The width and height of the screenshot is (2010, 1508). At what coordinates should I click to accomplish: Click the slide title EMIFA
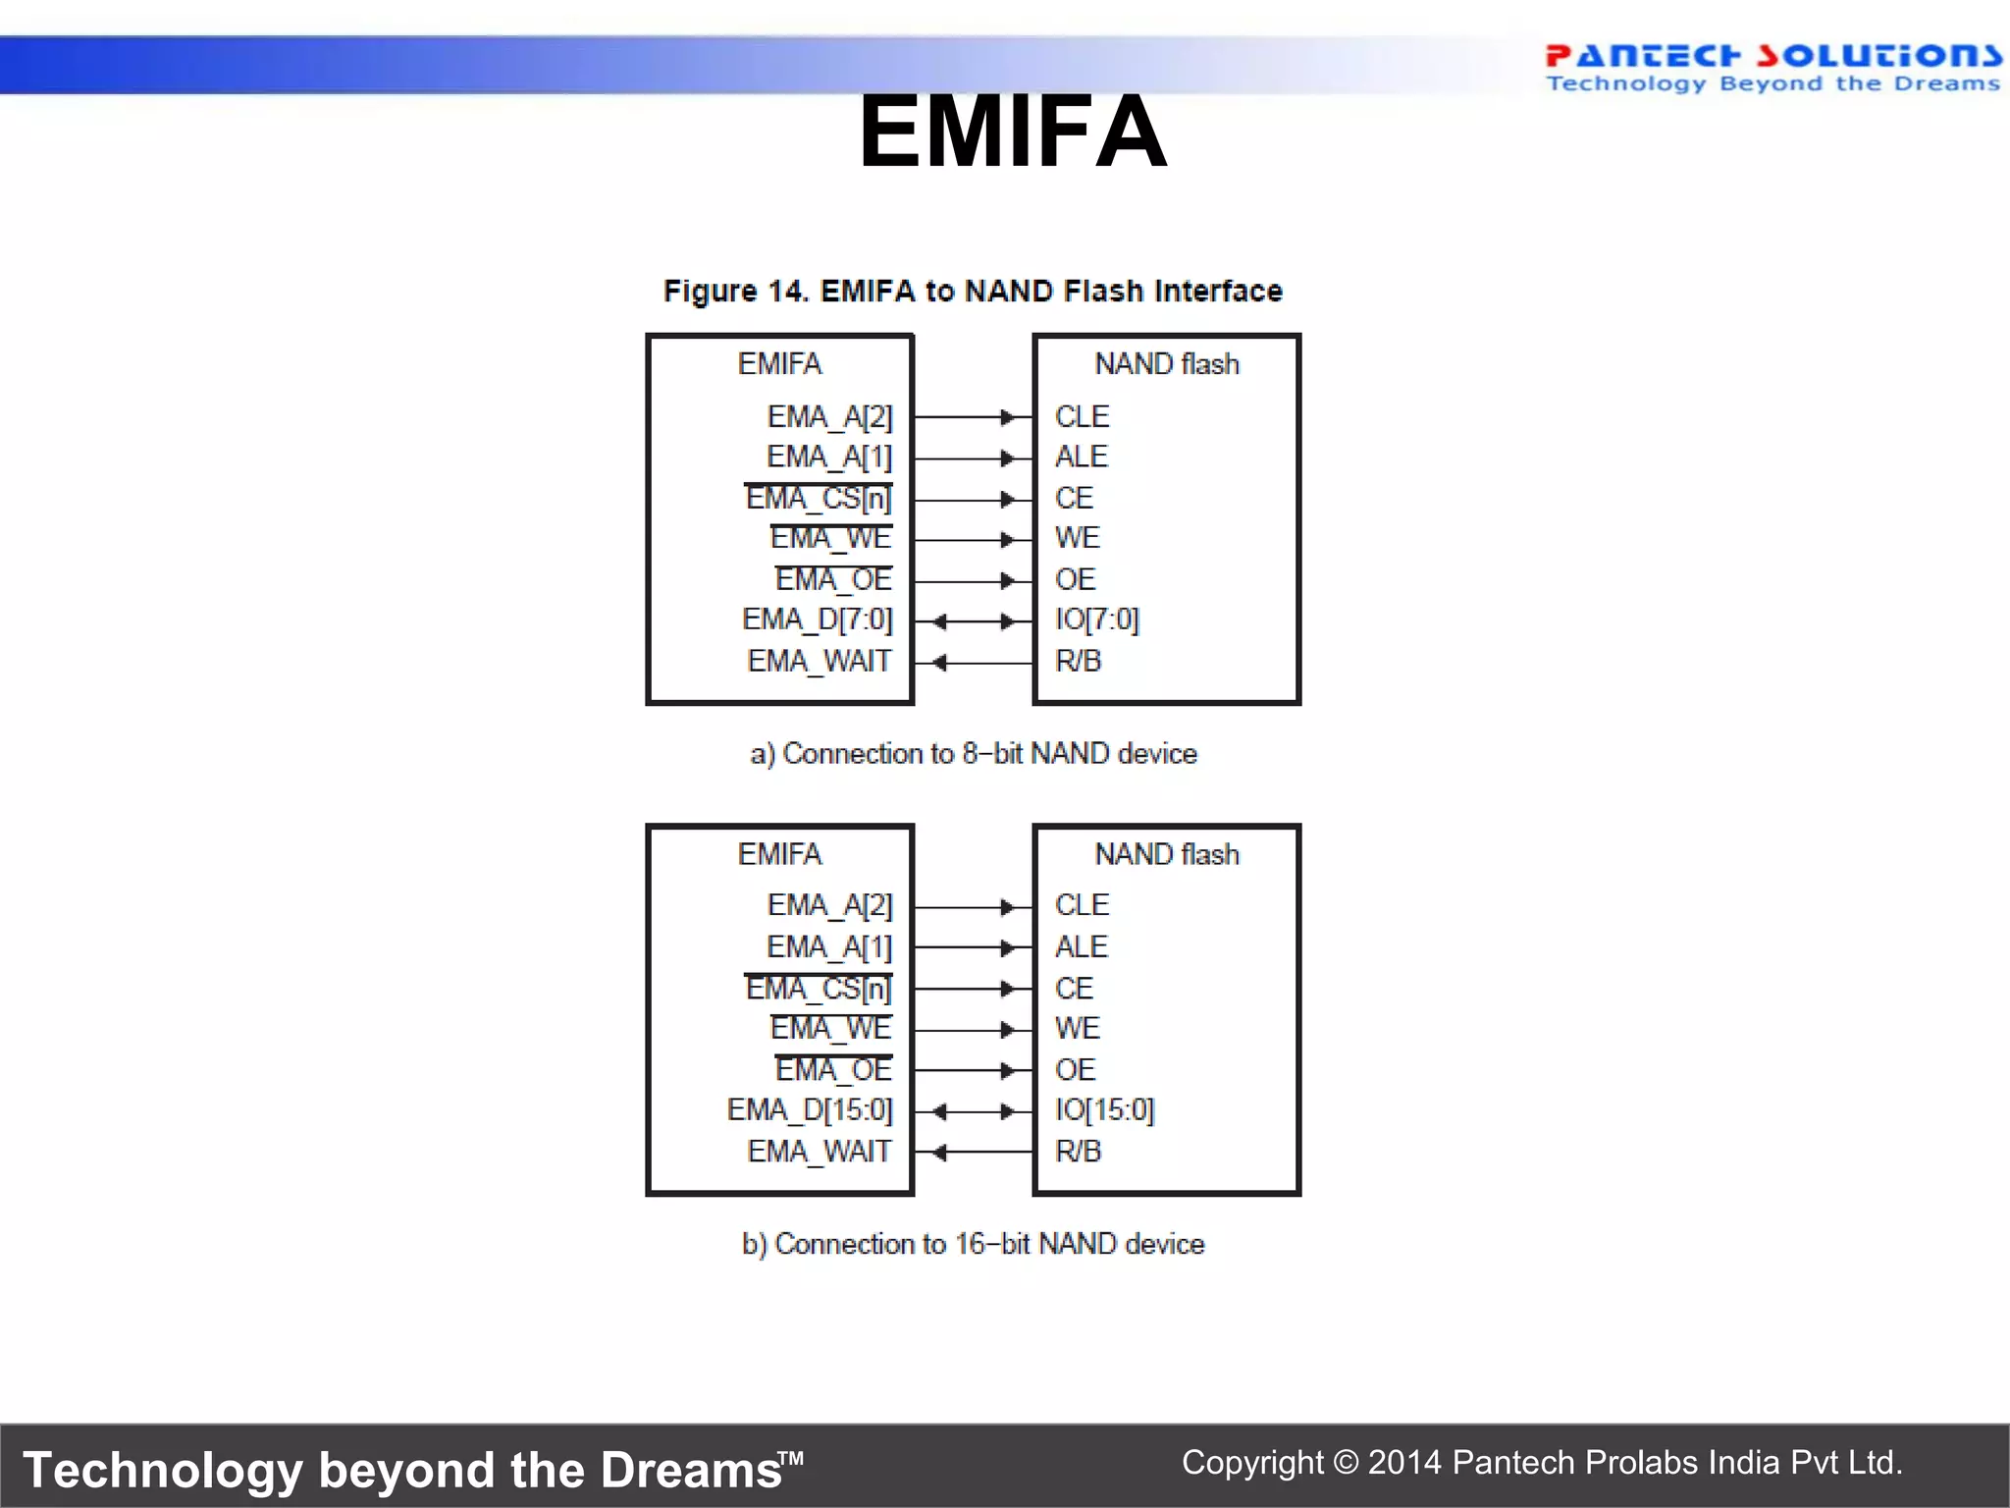click(x=1012, y=133)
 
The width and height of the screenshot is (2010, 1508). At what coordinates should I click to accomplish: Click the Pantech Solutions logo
click(x=1772, y=67)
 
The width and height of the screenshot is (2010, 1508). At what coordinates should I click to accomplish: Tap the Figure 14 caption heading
click(x=973, y=291)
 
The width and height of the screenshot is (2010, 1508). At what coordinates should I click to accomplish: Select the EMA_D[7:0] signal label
click(x=818, y=619)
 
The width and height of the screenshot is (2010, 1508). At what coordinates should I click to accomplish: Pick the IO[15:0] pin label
click(x=1104, y=1109)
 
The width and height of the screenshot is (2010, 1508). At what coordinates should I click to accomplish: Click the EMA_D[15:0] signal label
click(x=810, y=1109)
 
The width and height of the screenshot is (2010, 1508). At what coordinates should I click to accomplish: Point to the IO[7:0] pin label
click(x=1096, y=619)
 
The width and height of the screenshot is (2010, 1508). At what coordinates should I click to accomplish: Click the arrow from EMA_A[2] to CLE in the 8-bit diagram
click(x=973, y=417)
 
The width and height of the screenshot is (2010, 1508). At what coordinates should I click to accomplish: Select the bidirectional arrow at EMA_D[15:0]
click(x=973, y=1111)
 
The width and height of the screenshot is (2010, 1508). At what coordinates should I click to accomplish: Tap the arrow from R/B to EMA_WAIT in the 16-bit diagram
click(x=973, y=1153)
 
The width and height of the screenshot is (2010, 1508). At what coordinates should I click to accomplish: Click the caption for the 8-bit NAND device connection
click(x=973, y=754)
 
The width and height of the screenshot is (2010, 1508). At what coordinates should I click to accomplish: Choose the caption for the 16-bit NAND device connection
click(x=973, y=1244)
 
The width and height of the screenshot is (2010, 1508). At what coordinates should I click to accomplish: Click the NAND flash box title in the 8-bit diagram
click(x=1167, y=364)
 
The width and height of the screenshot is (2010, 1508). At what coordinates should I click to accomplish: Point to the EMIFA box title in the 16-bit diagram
click(x=779, y=854)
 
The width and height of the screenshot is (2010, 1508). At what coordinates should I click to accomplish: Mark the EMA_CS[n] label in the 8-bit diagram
click(x=819, y=499)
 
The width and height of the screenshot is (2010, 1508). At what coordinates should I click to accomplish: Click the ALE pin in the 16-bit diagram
click(x=1081, y=946)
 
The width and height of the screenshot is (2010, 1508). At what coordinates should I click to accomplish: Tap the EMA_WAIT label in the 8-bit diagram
click(x=820, y=661)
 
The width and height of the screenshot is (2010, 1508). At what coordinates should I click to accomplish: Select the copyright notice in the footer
click(x=1542, y=1463)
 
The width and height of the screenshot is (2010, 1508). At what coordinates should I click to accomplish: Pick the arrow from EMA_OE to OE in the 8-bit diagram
click(x=973, y=581)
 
